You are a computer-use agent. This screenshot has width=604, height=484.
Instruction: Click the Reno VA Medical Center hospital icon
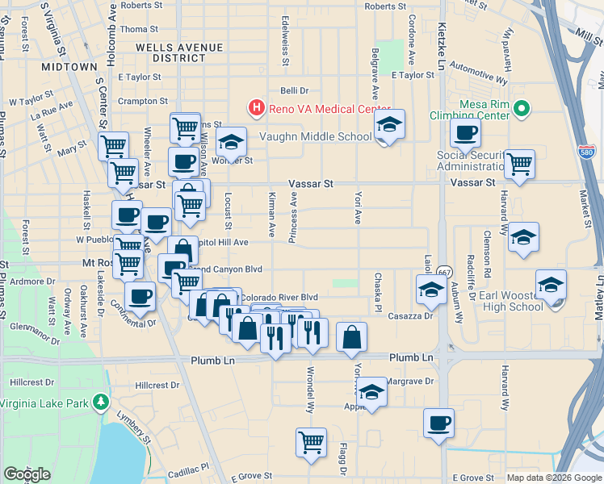point(256,106)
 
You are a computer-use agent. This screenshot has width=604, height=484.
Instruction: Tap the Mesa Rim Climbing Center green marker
point(522,106)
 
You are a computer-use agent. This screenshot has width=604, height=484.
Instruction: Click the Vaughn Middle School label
point(315,136)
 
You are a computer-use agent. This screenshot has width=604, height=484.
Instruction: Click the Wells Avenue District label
point(170,52)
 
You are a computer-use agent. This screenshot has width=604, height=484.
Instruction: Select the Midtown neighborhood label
point(69,65)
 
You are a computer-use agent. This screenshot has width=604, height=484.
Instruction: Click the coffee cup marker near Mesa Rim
point(464,134)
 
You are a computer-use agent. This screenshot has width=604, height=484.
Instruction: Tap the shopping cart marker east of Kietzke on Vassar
point(519,164)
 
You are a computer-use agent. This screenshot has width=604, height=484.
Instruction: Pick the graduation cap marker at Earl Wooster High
point(552,286)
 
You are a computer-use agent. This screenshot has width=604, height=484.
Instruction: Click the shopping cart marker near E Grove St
point(311,442)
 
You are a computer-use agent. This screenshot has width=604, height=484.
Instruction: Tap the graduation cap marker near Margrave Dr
point(371,392)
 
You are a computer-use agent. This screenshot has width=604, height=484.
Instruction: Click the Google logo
point(27,474)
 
